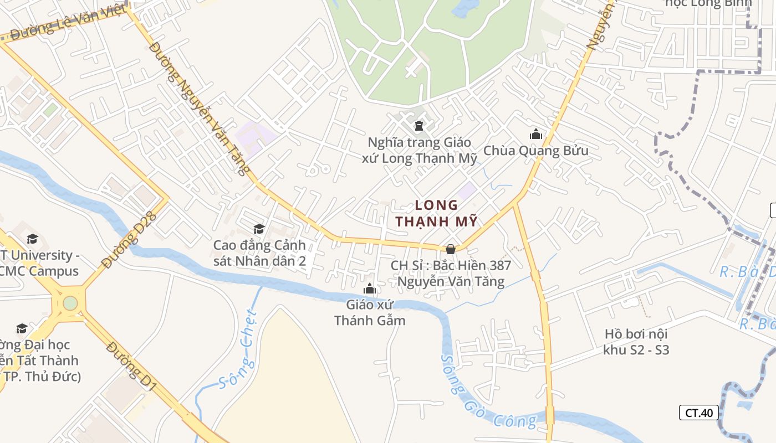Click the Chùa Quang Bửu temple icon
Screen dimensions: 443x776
point(535,134)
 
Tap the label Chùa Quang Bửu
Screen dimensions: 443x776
point(535,151)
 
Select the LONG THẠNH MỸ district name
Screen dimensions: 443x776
point(437,213)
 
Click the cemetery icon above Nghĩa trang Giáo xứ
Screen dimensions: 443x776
point(418,126)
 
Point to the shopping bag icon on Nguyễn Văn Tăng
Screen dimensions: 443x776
point(451,249)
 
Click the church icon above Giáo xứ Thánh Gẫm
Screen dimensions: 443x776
point(370,289)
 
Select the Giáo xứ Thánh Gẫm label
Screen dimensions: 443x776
point(370,312)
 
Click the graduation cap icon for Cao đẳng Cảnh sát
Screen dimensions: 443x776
point(259,229)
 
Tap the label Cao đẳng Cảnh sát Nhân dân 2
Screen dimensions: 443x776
point(259,253)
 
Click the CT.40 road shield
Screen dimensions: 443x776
point(698,413)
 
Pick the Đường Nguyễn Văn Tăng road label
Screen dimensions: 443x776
point(200,108)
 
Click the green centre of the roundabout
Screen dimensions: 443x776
point(70,303)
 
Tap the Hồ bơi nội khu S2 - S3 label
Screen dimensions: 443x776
point(636,342)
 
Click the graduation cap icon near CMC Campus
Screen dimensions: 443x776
point(32,239)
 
